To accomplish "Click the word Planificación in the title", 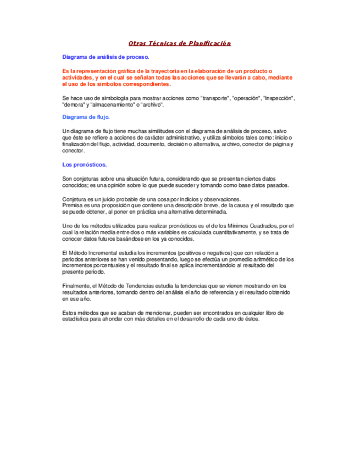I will (x=210, y=43).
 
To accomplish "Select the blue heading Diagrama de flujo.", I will (x=86, y=117).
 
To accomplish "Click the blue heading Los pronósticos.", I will (x=85, y=165).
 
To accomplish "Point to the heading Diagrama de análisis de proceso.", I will (x=106, y=57).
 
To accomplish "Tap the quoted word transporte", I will (x=213, y=98).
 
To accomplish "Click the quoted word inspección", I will (x=279, y=98).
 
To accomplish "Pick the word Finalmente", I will (x=77, y=286).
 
